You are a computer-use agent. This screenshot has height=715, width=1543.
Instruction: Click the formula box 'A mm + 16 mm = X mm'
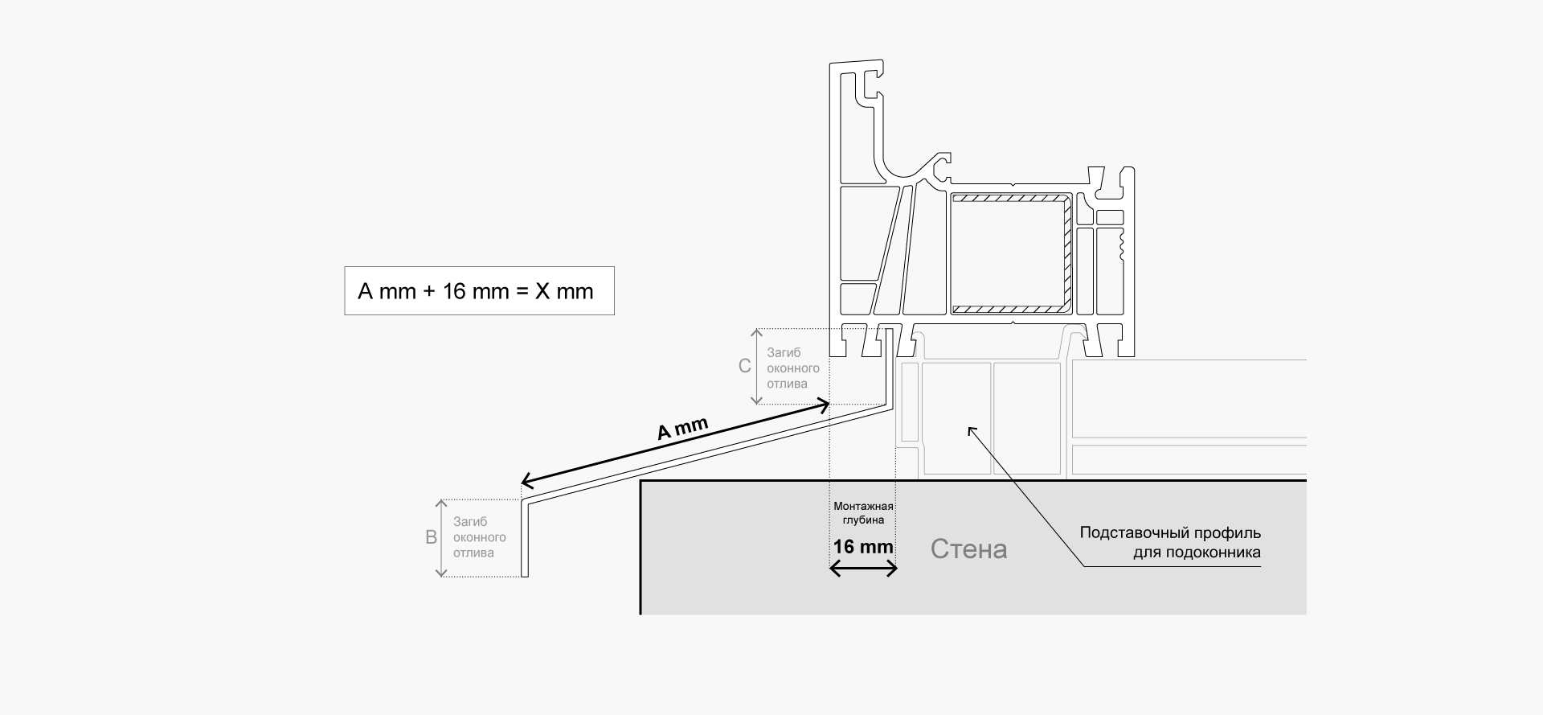pyautogui.click(x=479, y=290)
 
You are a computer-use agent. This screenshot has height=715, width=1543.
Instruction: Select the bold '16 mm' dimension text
pyautogui.click(x=863, y=547)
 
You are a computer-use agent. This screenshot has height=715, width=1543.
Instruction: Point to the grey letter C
pyautogui.click(x=745, y=367)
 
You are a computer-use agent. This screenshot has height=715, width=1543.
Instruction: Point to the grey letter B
pyautogui.click(x=431, y=537)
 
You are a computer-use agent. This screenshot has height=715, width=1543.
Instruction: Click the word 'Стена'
pyautogui.click(x=968, y=549)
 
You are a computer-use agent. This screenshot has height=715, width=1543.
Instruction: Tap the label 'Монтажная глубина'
pyautogui.click(x=863, y=513)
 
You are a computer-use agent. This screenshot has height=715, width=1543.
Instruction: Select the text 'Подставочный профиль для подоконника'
pyautogui.click(x=1170, y=543)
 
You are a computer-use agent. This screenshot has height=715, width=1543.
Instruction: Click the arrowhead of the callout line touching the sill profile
pyautogui.click(x=970, y=429)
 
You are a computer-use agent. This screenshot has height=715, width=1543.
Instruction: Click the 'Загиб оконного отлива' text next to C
pyautogui.click(x=793, y=368)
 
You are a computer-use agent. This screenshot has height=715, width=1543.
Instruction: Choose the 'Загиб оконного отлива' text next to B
pyautogui.click(x=479, y=537)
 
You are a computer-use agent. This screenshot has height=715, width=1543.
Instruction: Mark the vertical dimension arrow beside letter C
pyautogui.click(x=756, y=367)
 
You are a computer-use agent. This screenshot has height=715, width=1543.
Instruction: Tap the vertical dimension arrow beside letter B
pyautogui.click(x=440, y=538)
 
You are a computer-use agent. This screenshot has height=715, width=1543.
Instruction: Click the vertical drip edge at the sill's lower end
pyautogui.click(x=525, y=539)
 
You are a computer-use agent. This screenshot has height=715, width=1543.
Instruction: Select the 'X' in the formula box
pyautogui.click(x=542, y=291)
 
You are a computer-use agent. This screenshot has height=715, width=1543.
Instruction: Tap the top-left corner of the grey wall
pyautogui.click(x=641, y=481)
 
